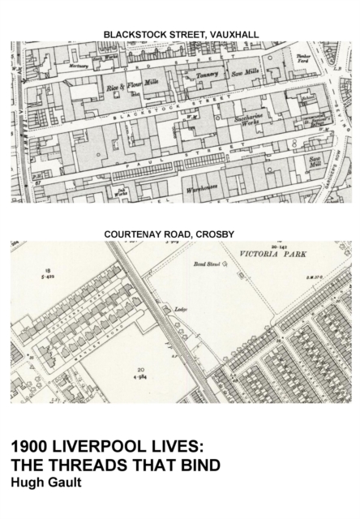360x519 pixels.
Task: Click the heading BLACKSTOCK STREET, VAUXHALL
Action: pos(180,34)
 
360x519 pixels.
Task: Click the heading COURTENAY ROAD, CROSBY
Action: pos(180,234)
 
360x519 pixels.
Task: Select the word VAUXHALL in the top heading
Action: pos(229,34)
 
